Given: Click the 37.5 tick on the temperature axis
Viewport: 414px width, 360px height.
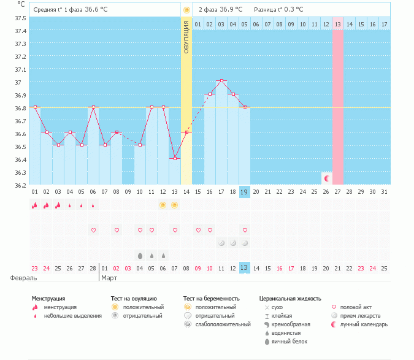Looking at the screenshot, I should pos(20,18).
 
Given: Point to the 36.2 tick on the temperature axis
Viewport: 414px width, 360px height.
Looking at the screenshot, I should pos(20,185).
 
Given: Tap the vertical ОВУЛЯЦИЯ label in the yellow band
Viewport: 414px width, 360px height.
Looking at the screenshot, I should pos(186,37).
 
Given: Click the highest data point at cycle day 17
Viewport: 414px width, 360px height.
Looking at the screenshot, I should pos(221,81).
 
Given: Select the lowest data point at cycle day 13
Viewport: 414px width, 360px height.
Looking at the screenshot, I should pos(175,158).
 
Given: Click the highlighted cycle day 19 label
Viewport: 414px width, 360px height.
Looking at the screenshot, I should pos(244,192).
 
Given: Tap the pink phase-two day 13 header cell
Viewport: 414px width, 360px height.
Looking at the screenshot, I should pos(337,24).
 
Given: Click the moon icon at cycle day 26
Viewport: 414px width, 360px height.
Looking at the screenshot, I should pos(326,178).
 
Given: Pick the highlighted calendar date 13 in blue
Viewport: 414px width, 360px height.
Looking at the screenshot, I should pos(244,268).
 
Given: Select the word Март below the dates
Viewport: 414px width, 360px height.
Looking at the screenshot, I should pos(110,278).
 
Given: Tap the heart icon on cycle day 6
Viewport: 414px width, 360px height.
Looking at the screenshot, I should pos(93,230).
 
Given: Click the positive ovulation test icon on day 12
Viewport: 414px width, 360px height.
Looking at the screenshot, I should pos(163,205).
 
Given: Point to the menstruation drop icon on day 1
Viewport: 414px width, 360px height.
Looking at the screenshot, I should pos(35,205).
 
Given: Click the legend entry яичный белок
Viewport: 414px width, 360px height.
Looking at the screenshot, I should pos(289,341).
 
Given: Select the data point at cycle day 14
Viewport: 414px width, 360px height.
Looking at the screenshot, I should pos(186,132).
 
